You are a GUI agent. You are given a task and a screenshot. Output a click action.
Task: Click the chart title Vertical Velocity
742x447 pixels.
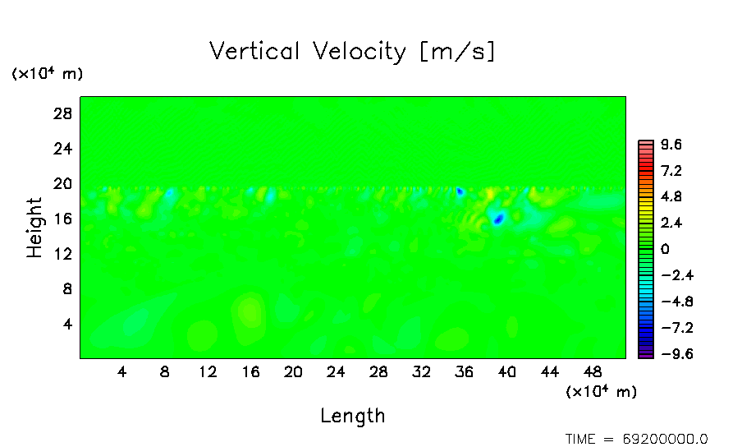click(x=352, y=52)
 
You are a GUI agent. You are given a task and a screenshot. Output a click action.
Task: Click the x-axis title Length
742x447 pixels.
click(x=352, y=416)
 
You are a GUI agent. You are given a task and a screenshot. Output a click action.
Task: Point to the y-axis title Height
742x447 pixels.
click(x=34, y=228)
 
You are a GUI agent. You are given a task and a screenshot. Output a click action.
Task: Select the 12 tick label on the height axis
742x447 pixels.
click(x=63, y=254)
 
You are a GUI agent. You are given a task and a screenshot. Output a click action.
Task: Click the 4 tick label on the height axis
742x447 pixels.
click(x=68, y=325)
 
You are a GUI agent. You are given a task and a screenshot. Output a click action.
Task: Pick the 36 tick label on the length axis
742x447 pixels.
click(x=464, y=371)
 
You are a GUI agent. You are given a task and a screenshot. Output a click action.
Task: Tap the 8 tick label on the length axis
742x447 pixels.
click(x=165, y=371)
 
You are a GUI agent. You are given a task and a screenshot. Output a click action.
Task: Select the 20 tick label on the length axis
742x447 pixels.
click(x=293, y=371)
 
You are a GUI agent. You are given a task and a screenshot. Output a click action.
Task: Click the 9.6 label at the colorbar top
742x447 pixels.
click(x=671, y=145)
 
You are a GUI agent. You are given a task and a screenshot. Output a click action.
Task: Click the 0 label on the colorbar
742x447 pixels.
click(x=664, y=250)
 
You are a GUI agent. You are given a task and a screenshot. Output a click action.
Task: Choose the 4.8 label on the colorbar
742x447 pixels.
click(x=671, y=197)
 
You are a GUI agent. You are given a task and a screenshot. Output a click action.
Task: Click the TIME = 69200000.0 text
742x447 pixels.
click(x=637, y=439)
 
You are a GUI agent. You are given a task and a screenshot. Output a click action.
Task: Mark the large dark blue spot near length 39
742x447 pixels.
click(x=497, y=219)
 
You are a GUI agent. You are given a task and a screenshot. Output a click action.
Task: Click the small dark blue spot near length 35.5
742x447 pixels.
click(x=460, y=191)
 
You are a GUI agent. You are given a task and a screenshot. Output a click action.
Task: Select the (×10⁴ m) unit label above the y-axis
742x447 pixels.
click(x=47, y=74)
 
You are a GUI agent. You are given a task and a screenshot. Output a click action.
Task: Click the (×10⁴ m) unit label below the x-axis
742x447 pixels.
click(x=602, y=392)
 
